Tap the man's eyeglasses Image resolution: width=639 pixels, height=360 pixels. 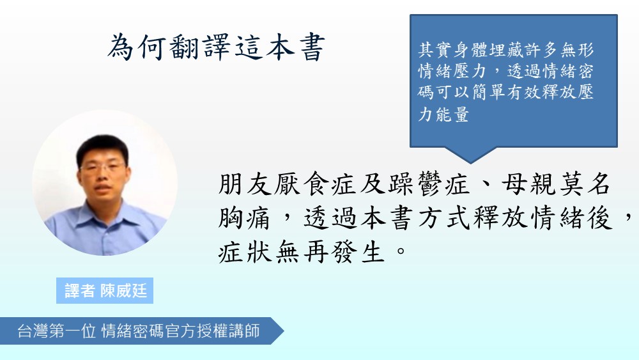coord(103,168)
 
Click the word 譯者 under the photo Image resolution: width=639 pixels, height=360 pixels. coord(80,291)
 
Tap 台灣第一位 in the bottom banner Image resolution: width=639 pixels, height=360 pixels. coord(57,331)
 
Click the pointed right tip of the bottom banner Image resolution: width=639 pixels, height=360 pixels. coord(284,331)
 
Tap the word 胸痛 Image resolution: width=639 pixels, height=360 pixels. coord(245,219)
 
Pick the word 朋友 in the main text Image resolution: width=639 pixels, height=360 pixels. coord(245,185)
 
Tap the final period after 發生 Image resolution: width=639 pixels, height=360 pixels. coord(401,250)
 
